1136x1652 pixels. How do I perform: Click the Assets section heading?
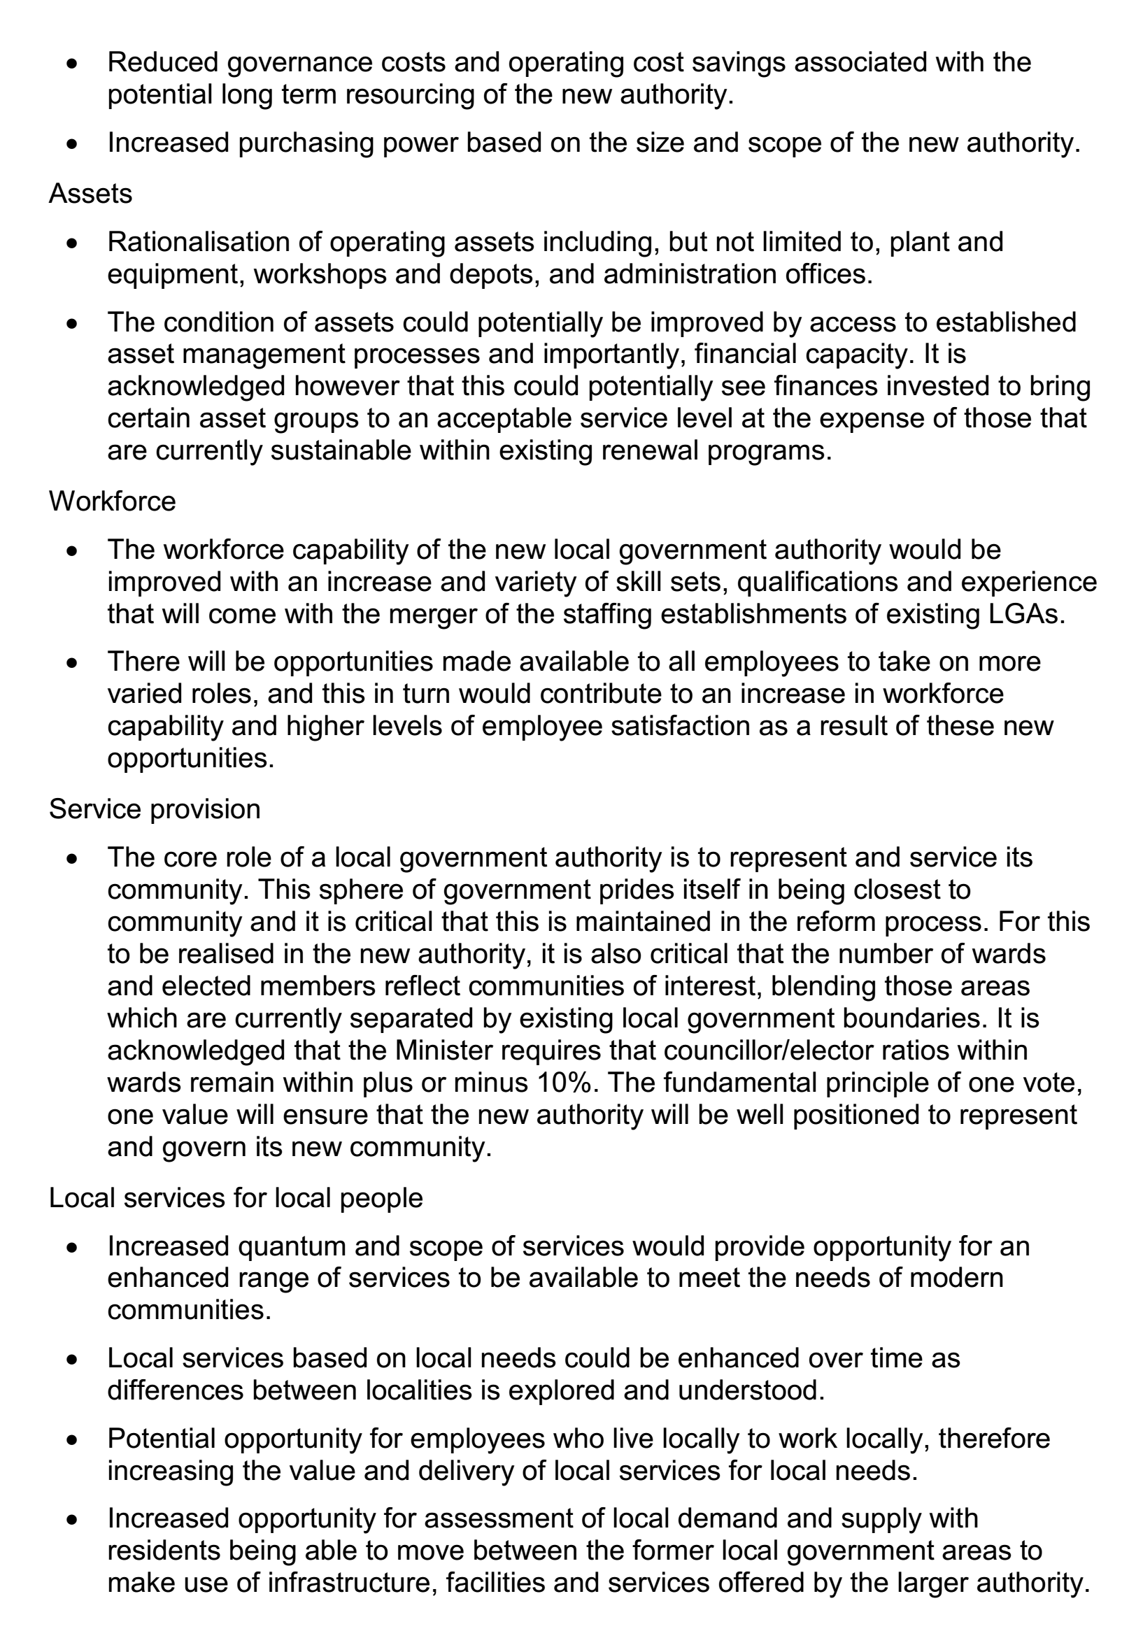[x=90, y=194]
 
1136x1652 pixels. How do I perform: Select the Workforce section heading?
[x=113, y=501]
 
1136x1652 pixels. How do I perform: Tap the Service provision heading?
[x=155, y=809]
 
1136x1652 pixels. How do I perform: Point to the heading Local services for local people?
[x=236, y=1198]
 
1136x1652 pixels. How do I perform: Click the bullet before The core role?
[x=72, y=859]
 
